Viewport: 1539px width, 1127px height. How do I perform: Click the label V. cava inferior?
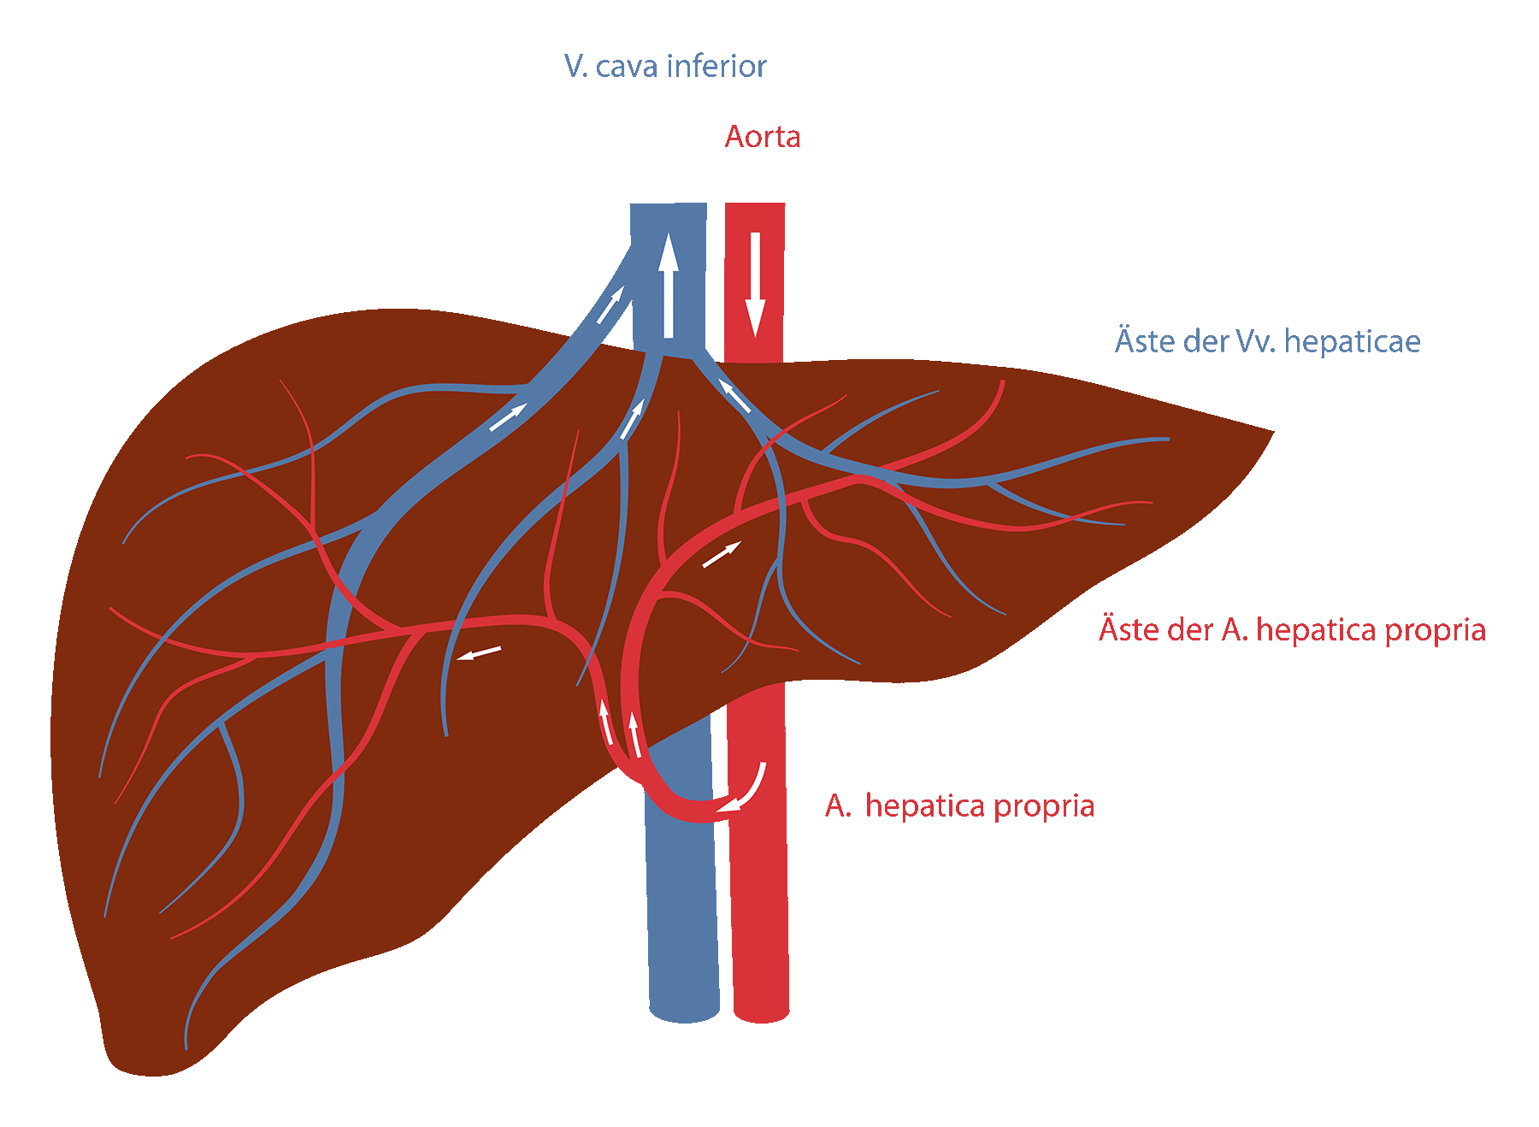point(664,66)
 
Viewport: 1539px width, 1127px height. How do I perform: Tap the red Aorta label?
point(763,137)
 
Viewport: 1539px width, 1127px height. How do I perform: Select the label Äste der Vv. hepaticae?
point(1267,341)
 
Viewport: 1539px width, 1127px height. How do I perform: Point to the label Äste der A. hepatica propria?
point(1292,630)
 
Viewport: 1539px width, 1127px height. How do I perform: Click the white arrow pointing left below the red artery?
point(479,653)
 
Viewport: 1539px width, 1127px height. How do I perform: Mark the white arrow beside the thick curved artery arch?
point(721,555)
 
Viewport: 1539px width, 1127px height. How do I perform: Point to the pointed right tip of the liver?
point(1271,432)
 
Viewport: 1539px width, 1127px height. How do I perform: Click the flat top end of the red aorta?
point(755,205)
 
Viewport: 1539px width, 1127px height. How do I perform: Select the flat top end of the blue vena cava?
point(669,205)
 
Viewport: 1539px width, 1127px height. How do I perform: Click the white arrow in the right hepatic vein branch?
point(734,396)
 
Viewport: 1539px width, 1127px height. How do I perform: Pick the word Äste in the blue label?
point(1141,341)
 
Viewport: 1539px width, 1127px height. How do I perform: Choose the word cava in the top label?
point(627,66)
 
